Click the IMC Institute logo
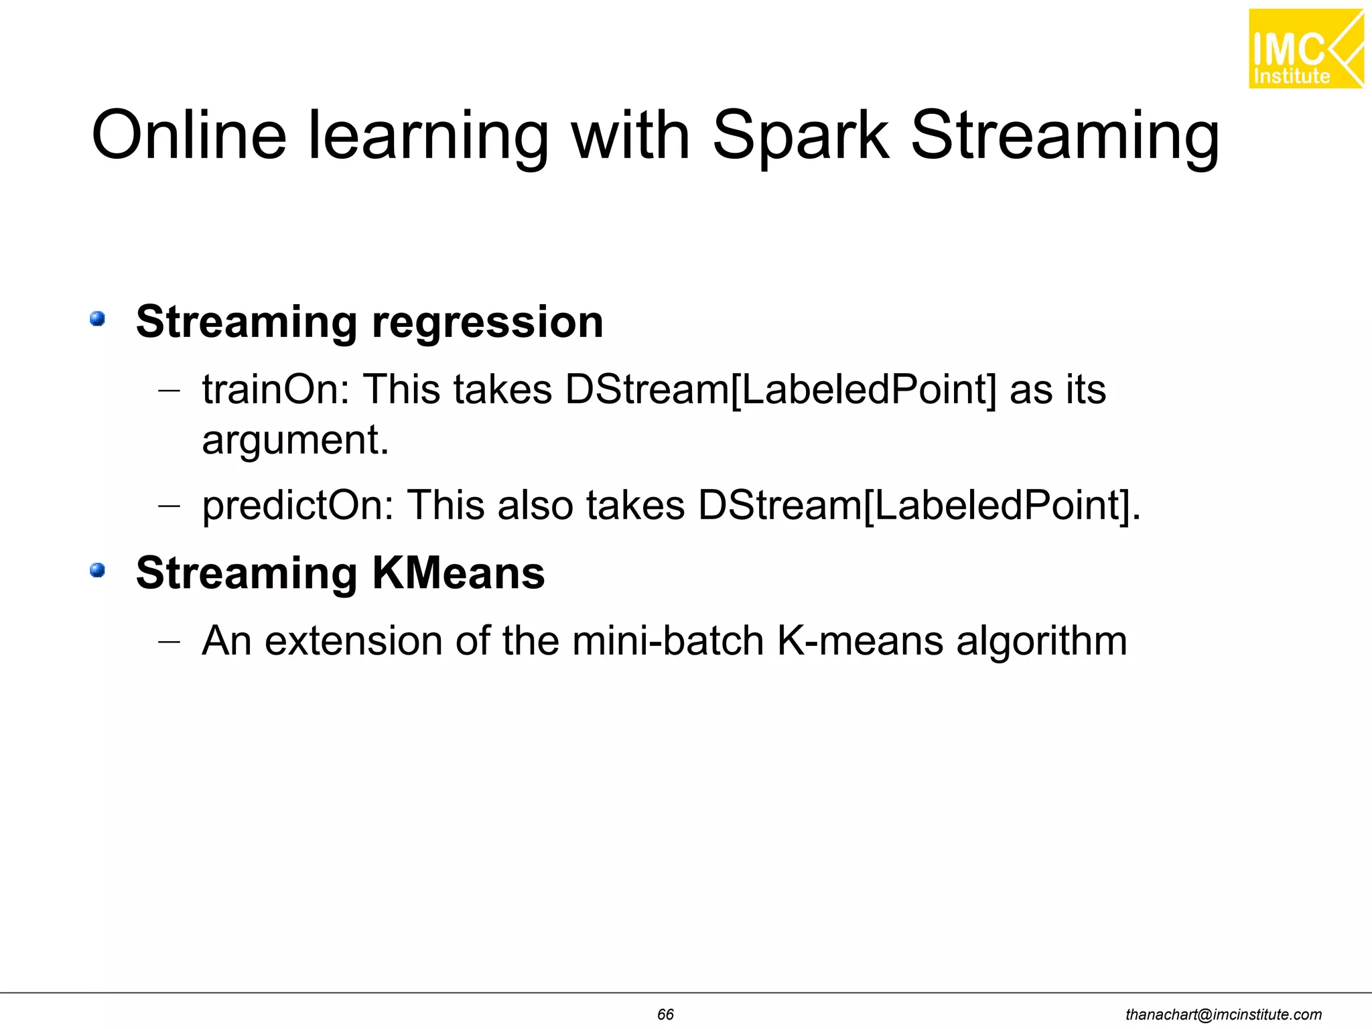pyautogui.click(x=1305, y=49)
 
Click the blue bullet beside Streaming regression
pyautogui.click(x=98, y=318)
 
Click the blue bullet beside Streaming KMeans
pyautogui.click(x=98, y=570)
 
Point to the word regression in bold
pyautogui.click(x=487, y=323)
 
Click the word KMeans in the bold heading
pyautogui.click(x=458, y=573)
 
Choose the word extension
pyautogui.click(x=354, y=641)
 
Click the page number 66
pyautogui.click(x=665, y=1014)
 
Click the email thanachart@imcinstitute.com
pyautogui.click(x=1223, y=1015)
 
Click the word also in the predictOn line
pyautogui.click(x=535, y=505)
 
